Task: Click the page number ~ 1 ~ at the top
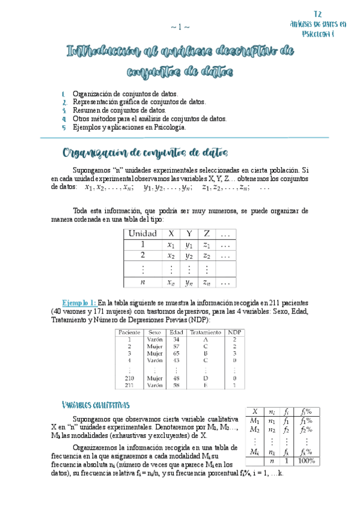180,26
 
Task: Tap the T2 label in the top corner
318,13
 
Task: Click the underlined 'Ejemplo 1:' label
79,303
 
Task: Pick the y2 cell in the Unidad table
189,256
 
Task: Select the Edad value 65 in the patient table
175,354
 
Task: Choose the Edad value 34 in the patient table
175,339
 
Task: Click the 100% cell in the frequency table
307,461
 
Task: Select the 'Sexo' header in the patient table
154,332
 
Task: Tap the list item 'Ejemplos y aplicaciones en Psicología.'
129,127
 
